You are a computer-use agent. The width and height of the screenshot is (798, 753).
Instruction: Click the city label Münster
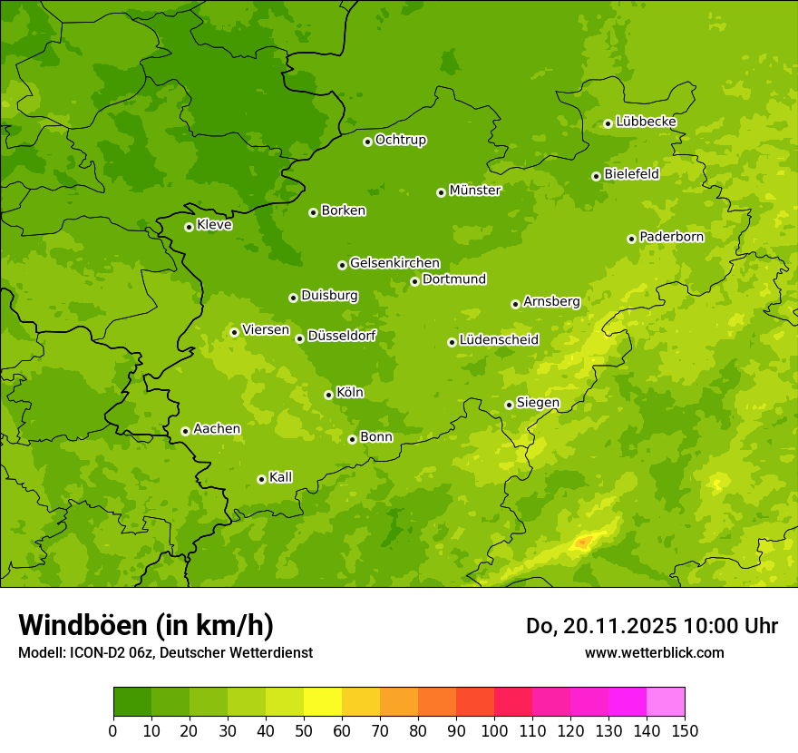click(x=475, y=191)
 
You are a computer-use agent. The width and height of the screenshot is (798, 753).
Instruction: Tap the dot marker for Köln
click(x=328, y=395)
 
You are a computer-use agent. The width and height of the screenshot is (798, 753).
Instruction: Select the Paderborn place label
click(x=672, y=237)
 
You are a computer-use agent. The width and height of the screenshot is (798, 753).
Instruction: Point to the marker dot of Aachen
click(x=185, y=431)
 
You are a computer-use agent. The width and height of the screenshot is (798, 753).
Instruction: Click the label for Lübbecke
click(x=647, y=122)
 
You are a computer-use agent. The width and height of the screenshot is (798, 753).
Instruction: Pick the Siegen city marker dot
click(x=509, y=405)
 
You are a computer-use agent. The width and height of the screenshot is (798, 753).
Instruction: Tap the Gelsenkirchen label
click(x=394, y=263)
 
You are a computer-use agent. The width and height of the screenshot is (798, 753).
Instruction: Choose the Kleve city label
click(x=214, y=225)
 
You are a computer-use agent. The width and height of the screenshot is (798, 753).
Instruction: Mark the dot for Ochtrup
click(x=367, y=142)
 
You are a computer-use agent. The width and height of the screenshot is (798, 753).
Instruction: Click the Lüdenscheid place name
click(x=499, y=340)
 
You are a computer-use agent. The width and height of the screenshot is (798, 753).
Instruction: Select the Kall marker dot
click(x=261, y=479)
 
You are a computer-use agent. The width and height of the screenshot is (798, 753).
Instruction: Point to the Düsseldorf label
click(x=342, y=336)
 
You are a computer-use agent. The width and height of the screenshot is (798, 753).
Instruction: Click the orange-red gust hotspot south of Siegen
click(x=582, y=543)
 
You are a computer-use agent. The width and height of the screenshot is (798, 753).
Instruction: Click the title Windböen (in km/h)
click(x=146, y=625)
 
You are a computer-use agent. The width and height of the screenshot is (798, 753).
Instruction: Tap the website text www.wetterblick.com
click(x=654, y=652)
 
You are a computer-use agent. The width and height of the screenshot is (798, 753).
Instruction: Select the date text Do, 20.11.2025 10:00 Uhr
click(x=652, y=626)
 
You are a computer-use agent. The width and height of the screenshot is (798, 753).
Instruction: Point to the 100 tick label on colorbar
click(x=494, y=730)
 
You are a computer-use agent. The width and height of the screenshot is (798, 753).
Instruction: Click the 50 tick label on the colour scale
click(x=304, y=730)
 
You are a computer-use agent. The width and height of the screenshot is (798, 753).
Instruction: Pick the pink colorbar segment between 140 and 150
click(x=666, y=702)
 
